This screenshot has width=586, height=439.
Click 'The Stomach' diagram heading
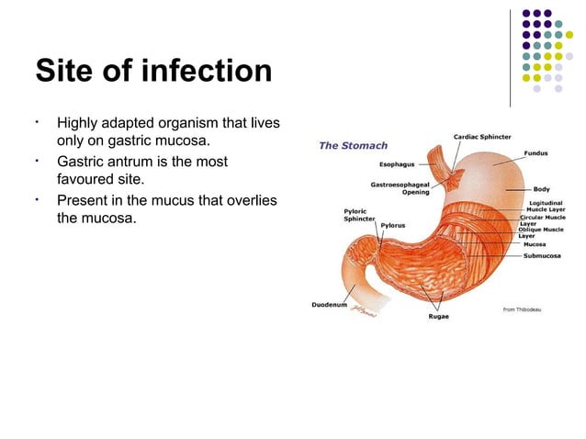pyautogui.click(x=353, y=145)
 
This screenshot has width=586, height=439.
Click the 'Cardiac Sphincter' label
pyautogui.click(x=482, y=137)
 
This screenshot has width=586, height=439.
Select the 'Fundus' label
pyautogui.click(x=536, y=152)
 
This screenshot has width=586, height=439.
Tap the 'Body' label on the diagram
pyautogui.click(x=542, y=189)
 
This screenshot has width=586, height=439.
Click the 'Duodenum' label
pyautogui.click(x=329, y=304)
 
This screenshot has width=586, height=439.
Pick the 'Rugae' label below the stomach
pyautogui.click(x=438, y=317)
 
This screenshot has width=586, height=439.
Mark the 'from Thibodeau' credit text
pyautogui.click(x=522, y=309)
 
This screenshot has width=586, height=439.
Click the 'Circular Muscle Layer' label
pyautogui.click(x=541, y=220)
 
